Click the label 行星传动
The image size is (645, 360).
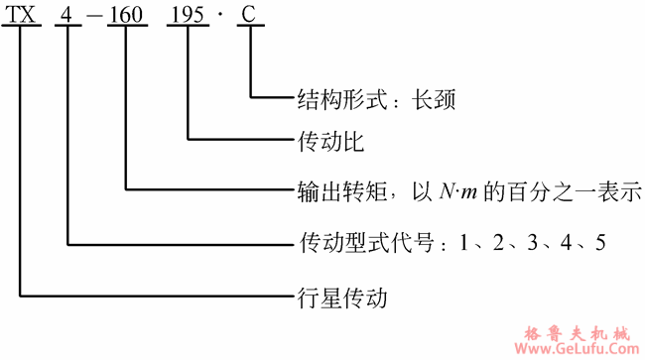[340, 296]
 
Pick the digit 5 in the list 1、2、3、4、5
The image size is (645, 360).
[598, 241]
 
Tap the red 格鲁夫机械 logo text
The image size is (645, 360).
[576, 330]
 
